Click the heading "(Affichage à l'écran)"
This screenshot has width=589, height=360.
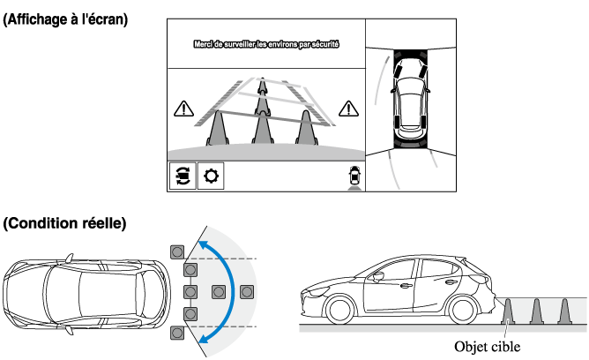pos(65,19)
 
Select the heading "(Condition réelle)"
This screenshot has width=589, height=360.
pos(65,224)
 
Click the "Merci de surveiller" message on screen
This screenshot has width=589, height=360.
pos(267,42)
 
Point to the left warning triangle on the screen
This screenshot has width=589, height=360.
pos(183,109)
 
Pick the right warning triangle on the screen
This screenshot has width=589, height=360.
pos(350,109)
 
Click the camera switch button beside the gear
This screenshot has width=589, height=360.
pos(183,176)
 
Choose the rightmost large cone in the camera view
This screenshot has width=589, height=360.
pos(306,126)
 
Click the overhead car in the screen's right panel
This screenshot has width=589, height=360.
pos(410,97)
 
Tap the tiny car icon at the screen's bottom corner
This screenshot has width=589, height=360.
pos(354,176)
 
